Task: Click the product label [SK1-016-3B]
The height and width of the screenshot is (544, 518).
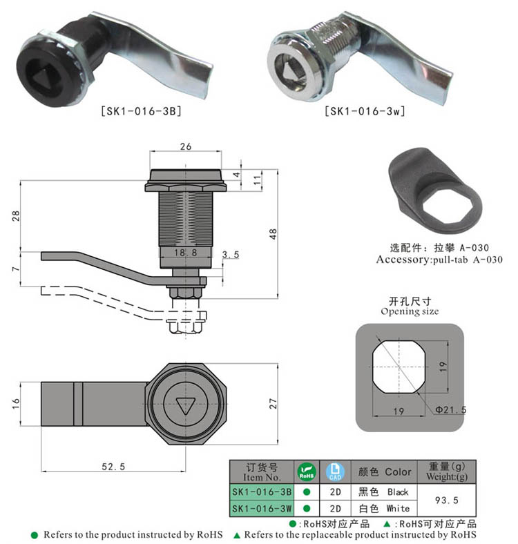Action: click(141, 109)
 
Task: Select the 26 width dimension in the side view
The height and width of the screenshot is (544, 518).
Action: click(184, 146)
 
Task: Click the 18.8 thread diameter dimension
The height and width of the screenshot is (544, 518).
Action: click(184, 254)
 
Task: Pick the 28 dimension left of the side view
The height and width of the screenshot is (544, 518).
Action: click(15, 215)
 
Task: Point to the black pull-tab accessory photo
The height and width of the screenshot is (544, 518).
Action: click(431, 189)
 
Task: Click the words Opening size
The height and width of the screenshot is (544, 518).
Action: click(410, 311)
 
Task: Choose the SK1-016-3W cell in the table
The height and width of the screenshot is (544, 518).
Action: click(262, 509)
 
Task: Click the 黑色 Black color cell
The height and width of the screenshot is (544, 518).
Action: click(383, 492)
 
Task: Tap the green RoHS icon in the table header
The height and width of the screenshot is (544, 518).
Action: click(305, 472)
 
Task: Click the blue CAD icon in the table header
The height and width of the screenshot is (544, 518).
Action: click(334, 472)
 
